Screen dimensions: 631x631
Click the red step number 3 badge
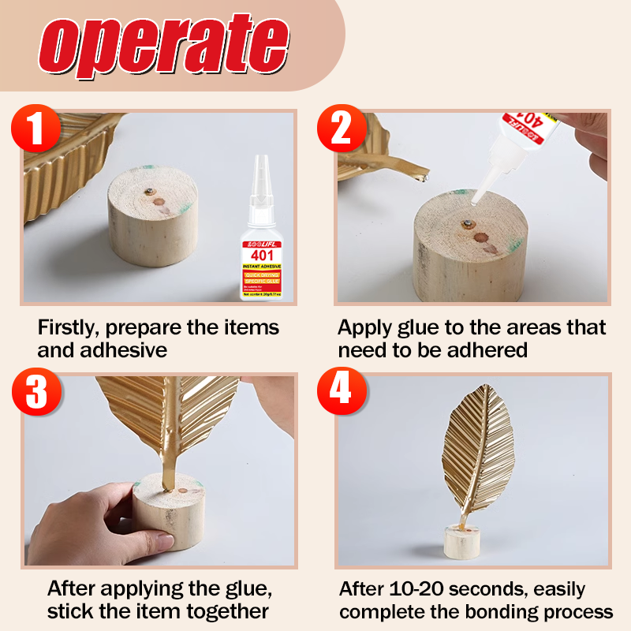point(35,392)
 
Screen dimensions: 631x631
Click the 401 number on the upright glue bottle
point(262,256)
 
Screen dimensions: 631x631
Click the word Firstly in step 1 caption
point(68,327)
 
